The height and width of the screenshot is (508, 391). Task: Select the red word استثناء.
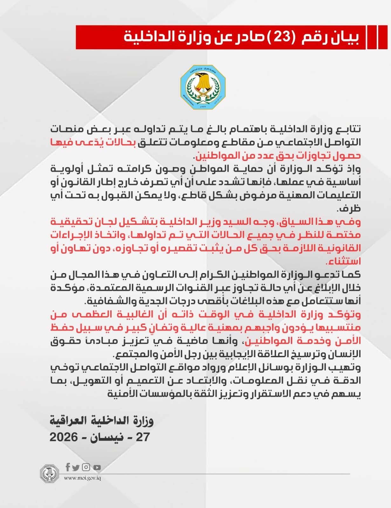coord(343,262)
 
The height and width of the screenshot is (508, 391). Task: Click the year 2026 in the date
coord(64,437)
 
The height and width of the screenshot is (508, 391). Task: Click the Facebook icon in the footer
coord(67,467)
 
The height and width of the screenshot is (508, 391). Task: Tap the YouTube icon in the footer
coord(97,467)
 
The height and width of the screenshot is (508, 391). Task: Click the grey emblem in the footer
coord(49,473)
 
